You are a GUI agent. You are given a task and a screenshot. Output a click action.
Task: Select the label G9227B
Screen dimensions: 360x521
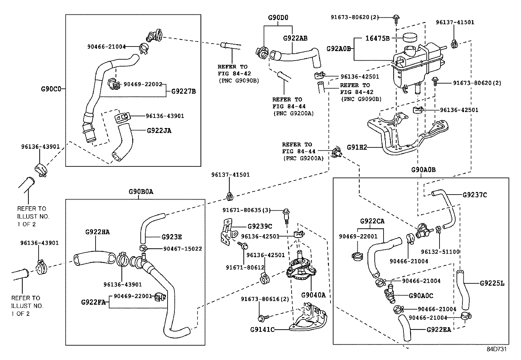click(183, 91)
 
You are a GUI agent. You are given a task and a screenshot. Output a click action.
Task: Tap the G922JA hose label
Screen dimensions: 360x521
click(159, 131)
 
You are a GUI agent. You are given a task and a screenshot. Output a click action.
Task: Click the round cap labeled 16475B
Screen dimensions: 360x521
click(409, 37)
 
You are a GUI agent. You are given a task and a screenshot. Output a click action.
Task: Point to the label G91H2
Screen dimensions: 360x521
click(356, 148)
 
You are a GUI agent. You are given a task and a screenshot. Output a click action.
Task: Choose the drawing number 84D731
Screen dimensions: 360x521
click(496, 349)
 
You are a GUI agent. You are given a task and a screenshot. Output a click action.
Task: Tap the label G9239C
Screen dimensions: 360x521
click(260, 226)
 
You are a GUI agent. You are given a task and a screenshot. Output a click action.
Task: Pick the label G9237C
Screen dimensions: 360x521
click(475, 195)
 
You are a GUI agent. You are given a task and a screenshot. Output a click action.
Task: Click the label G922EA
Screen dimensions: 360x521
click(439, 330)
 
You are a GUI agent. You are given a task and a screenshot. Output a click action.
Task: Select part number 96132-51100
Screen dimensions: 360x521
click(440, 252)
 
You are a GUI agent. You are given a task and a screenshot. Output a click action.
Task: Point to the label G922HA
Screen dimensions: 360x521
click(97, 232)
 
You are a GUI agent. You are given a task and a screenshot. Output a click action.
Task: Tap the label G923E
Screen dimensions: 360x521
click(172, 237)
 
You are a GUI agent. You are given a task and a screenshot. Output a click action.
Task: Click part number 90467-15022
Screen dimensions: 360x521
click(182, 249)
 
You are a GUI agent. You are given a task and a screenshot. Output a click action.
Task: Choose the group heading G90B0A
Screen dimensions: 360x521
click(140, 192)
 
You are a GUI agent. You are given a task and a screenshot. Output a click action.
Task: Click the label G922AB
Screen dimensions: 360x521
click(295, 38)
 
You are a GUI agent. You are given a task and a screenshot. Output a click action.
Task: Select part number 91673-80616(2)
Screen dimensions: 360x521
click(265, 299)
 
